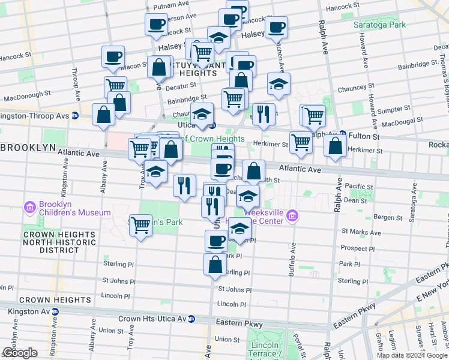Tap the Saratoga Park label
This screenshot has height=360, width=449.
click(x=381, y=25)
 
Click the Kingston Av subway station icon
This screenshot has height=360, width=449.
click(x=55, y=312)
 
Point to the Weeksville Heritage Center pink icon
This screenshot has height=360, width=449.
click(x=292, y=215)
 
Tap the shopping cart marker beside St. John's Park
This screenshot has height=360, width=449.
click(x=140, y=226)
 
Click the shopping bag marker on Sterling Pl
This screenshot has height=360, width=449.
click(x=215, y=264)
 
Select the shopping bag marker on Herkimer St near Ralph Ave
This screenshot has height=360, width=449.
click(x=334, y=146)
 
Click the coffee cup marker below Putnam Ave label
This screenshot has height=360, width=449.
click(x=156, y=25)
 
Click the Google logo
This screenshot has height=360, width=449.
click(x=20, y=353)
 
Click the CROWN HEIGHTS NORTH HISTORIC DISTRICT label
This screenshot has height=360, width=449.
click(x=59, y=241)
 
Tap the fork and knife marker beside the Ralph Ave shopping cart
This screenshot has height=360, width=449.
click(x=263, y=115)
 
